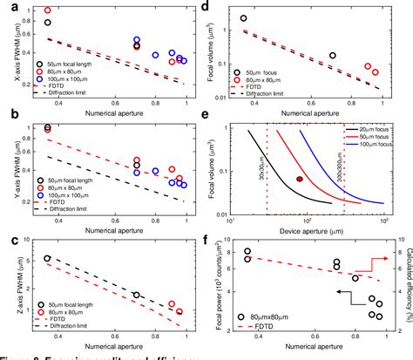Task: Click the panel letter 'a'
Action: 8,8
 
